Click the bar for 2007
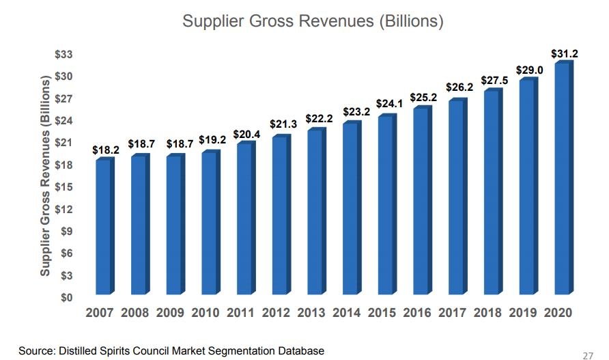[x=104, y=229]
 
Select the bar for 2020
[x=562, y=181]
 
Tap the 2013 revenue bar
[x=315, y=213]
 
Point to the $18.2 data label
[x=105, y=150]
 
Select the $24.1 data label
[x=387, y=106]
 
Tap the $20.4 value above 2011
[x=246, y=135]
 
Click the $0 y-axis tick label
[x=67, y=298]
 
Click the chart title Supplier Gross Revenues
[x=313, y=21]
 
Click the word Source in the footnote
[x=35, y=350]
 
